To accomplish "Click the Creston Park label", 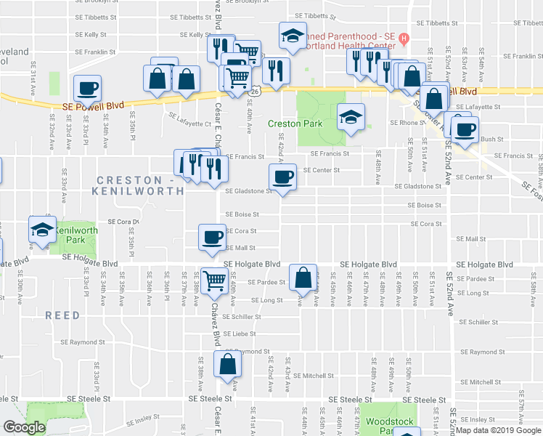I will (x=295, y=124).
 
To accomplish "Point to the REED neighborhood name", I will (x=62, y=315).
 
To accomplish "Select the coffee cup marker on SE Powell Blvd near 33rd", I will (x=87, y=88).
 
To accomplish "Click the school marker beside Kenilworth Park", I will (x=42, y=230).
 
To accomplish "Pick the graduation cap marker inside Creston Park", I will (x=350, y=116).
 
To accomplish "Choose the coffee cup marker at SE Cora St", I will (x=212, y=237).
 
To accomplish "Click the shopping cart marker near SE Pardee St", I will (x=215, y=280).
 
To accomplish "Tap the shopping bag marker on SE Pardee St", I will (x=303, y=277).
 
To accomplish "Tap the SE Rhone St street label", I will (x=399, y=123).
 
